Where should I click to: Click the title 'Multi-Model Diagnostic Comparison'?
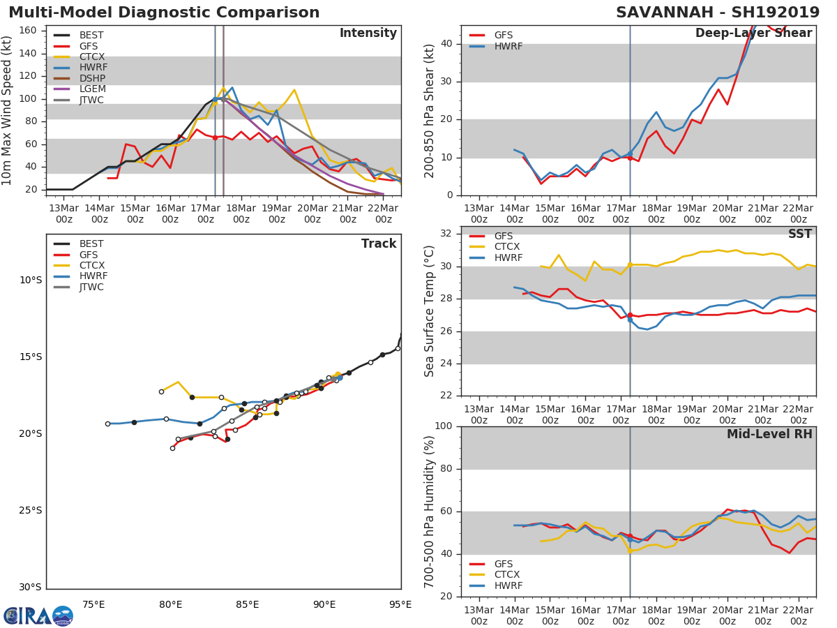pos(164,13)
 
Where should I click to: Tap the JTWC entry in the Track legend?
pos(91,287)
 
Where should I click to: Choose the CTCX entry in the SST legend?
pos(507,247)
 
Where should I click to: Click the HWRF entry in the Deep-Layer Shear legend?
pos(508,46)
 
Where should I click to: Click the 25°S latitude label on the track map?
pos(29,510)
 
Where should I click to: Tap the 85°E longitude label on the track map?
pos(247,604)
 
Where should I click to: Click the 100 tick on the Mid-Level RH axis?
pos(444,426)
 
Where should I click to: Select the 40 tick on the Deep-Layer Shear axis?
pos(447,44)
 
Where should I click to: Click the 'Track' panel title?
pos(379,244)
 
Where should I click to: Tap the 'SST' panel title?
pos(800,234)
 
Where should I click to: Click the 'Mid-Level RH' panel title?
pos(769,434)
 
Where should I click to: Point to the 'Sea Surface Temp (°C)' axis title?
pos(430,311)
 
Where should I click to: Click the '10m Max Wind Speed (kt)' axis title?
pos(8,110)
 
